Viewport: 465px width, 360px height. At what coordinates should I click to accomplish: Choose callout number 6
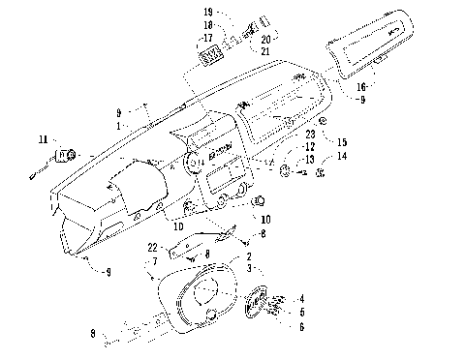300,327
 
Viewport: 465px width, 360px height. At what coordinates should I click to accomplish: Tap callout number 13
310,159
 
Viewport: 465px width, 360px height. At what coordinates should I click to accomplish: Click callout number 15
341,142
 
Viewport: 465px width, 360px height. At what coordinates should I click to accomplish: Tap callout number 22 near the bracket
153,249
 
